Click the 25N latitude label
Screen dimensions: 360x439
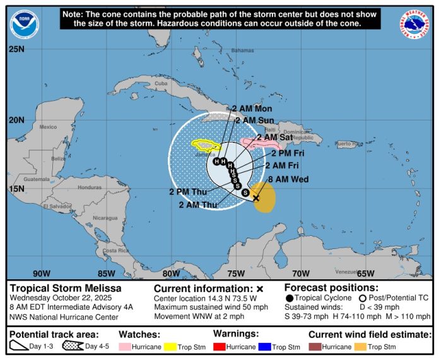(x=16, y=49)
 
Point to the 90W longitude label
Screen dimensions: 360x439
(x=42, y=274)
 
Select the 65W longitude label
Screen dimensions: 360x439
(x=366, y=274)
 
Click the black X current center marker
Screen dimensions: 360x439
(x=257, y=197)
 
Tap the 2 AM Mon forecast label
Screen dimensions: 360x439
(x=252, y=109)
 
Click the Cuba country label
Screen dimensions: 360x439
(x=161, y=83)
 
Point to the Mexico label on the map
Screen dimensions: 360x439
(x=48, y=127)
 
